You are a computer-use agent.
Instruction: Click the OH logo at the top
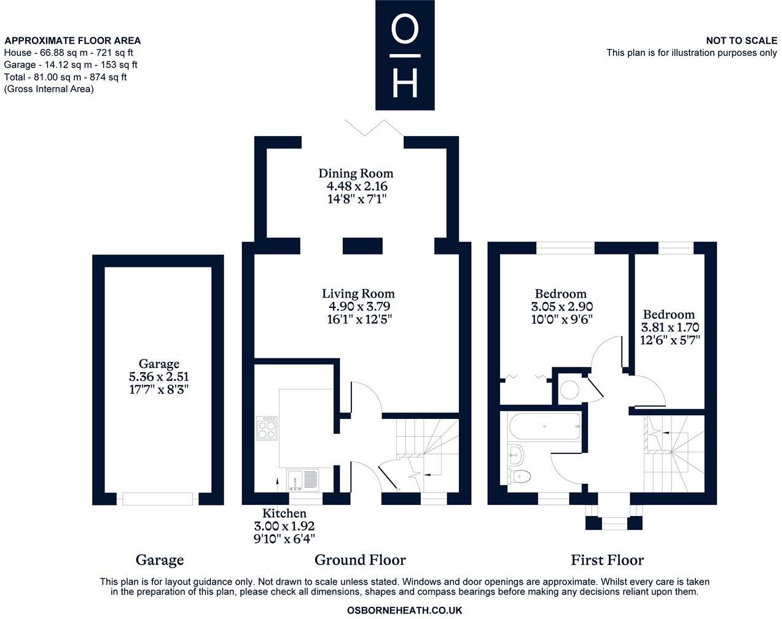tap(405, 55)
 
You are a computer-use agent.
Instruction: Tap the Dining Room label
tap(356, 174)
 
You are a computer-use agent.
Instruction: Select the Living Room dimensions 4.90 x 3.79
tap(359, 306)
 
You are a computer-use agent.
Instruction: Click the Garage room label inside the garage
tap(159, 363)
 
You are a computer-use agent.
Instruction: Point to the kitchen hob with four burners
tap(267, 428)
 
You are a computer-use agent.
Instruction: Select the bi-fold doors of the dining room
tap(375, 128)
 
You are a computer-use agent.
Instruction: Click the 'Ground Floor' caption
tap(360, 559)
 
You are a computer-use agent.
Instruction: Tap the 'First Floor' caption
tap(607, 559)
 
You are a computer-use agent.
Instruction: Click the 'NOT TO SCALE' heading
tap(741, 40)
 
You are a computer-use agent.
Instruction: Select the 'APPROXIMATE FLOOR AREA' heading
tap(72, 40)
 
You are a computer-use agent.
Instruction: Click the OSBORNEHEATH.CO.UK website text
tap(404, 610)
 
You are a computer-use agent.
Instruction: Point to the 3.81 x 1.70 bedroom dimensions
tap(670, 328)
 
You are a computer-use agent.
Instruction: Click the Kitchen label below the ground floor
tap(284, 513)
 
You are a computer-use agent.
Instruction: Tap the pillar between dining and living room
tap(362, 246)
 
